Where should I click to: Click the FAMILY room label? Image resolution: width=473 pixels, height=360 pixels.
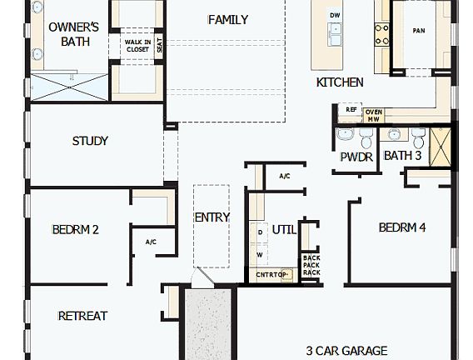[x=228, y=20]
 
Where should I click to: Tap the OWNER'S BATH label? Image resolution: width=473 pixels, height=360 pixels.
[x=73, y=33]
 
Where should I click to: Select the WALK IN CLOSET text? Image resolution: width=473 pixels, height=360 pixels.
[x=137, y=45]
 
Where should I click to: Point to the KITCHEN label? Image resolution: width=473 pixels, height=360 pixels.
[x=339, y=82]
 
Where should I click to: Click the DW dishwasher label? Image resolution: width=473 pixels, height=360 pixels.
[x=335, y=16]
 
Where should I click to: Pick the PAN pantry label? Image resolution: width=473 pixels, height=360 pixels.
[x=419, y=31]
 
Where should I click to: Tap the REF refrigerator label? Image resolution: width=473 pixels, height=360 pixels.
[x=351, y=109]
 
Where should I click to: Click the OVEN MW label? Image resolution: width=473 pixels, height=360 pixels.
[x=374, y=115]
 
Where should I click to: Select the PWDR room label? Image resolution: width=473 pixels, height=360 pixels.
[x=356, y=156]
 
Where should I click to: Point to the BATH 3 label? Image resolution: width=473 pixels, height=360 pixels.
[x=402, y=156]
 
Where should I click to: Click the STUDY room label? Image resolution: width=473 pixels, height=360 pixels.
[x=90, y=141]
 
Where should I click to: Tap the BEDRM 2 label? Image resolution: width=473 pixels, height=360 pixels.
[x=76, y=229]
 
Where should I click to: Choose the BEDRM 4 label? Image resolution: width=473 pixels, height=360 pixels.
[x=402, y=227]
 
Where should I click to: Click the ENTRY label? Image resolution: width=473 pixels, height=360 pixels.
[x=212, y=217]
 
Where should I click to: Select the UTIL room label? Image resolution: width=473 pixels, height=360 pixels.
[x=284, y=229]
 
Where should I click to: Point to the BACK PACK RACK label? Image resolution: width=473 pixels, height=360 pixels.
[x=311, y=265]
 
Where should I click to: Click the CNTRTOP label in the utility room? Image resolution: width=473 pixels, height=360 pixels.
[x=271, y=274]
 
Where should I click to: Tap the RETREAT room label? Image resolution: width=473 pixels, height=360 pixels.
[x=82, y=316]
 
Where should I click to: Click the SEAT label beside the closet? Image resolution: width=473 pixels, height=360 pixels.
[x=159, y=46]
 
